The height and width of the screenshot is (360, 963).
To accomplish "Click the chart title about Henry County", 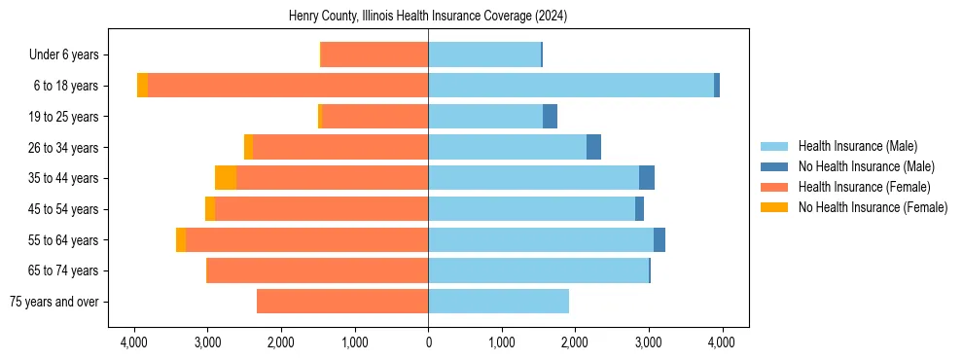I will pyautogui.click(x=428, y=17).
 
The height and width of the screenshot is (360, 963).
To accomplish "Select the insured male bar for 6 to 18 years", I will pyautogui.click(x=571, y=86).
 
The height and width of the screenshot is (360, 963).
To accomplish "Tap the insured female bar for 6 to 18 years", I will pyautogui.click(x=288, y=86).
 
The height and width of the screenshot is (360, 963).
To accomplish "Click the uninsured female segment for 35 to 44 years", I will pyautogui.click(x=226, y=178).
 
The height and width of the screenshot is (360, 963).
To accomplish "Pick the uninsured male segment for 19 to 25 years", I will pyautogui.click(x=550, y=117).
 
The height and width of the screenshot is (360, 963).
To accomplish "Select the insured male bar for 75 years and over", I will pyautogui.click(x=498, y=302).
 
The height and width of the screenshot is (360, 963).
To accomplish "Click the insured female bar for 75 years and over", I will pyautogui.click(x=342, y=302).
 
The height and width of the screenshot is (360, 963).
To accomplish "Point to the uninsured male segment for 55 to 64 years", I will pyautogui.click(x=660, y=240).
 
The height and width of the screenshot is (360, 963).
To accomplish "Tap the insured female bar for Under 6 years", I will pyautogui.click(x=374, y=54).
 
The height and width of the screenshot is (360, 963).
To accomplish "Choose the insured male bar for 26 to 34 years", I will pyautogui.click(x=507, y=147).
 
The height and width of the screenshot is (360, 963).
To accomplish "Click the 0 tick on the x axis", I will pyautogui.click(x=428, y=342).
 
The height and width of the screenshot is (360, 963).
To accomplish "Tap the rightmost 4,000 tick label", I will pyautogui.click(x=721, y=342).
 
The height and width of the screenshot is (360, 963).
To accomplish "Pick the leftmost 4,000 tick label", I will pyautogui.click(x=134, y=342).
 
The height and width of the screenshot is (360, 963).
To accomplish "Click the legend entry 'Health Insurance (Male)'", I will pyautogui.click(x=857, y=146).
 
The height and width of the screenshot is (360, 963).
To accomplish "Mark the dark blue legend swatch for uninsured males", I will pyautogui.click(x=775, y=166).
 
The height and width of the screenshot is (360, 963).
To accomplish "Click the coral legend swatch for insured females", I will pyautogui.click(x=775, y=187).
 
